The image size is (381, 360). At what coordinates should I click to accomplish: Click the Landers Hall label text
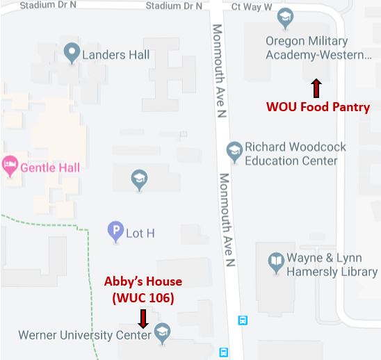point(115,54)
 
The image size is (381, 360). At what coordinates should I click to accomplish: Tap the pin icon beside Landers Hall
point(70,52)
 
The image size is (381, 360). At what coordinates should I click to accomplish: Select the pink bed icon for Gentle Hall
point(9,166)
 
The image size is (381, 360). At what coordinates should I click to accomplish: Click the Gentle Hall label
point(49,167)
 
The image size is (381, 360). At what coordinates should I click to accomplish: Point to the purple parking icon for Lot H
point(115,232)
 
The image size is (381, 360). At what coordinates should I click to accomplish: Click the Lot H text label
point(140,234)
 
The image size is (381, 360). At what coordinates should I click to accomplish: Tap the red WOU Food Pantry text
point(318,107)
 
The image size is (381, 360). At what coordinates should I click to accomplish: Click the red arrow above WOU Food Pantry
point(316,88)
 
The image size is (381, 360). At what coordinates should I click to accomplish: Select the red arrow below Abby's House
point(143,318)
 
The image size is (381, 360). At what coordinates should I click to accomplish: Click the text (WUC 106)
point(143,297)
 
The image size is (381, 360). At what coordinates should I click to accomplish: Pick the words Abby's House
point(143,281)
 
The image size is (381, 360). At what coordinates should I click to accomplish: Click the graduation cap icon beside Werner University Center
point(163,333)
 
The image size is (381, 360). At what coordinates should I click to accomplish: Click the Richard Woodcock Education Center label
point(295,154)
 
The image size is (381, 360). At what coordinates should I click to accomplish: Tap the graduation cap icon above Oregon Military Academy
point(284,17)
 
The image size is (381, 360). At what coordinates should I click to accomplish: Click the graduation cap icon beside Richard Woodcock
point(234,150)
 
